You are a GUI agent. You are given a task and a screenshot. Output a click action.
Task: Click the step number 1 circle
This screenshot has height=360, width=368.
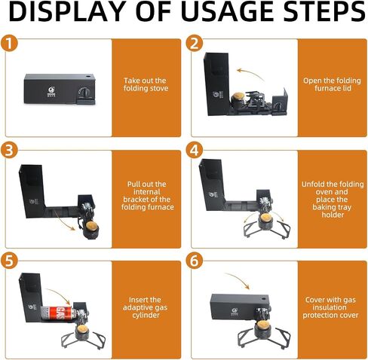click(x=9, y=44)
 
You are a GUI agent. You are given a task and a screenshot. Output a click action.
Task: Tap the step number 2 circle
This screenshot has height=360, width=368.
click(x=195, y=44)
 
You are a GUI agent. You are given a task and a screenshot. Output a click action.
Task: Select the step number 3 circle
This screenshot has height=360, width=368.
click(x=9, y=151)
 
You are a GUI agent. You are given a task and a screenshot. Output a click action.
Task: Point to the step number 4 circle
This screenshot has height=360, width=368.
click(x=195, y=151)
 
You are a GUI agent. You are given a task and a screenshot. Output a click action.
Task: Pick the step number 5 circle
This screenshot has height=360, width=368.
click(x=9, y=261)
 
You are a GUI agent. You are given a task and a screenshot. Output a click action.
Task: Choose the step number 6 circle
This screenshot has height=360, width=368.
click(x=195, y=261)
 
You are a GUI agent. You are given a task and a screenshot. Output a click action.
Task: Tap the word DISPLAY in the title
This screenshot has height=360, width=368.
click(x=67, y=11)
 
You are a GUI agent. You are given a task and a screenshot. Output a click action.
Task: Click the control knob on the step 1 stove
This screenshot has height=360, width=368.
click(x=84, y=93)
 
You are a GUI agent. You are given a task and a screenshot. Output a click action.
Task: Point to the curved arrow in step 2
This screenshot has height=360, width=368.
click(x=250, y=74)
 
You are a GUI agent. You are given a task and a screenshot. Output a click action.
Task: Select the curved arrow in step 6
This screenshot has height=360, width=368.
click(x=238, y=280)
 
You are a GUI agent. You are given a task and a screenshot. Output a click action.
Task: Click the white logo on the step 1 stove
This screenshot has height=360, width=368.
click(x=51, y=91)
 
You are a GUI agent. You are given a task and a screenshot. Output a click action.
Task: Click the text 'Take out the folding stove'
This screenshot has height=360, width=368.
click(x=146, y=84)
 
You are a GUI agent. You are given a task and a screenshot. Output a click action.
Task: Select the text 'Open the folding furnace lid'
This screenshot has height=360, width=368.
click(x=332, y=84)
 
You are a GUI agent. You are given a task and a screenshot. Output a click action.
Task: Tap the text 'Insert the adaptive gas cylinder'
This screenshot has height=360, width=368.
click(x=145, y=307)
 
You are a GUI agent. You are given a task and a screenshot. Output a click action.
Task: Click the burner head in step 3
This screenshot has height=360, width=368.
click(x=91, y=227)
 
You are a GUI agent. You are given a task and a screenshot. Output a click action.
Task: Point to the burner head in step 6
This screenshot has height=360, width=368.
click(x=262, y=326)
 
